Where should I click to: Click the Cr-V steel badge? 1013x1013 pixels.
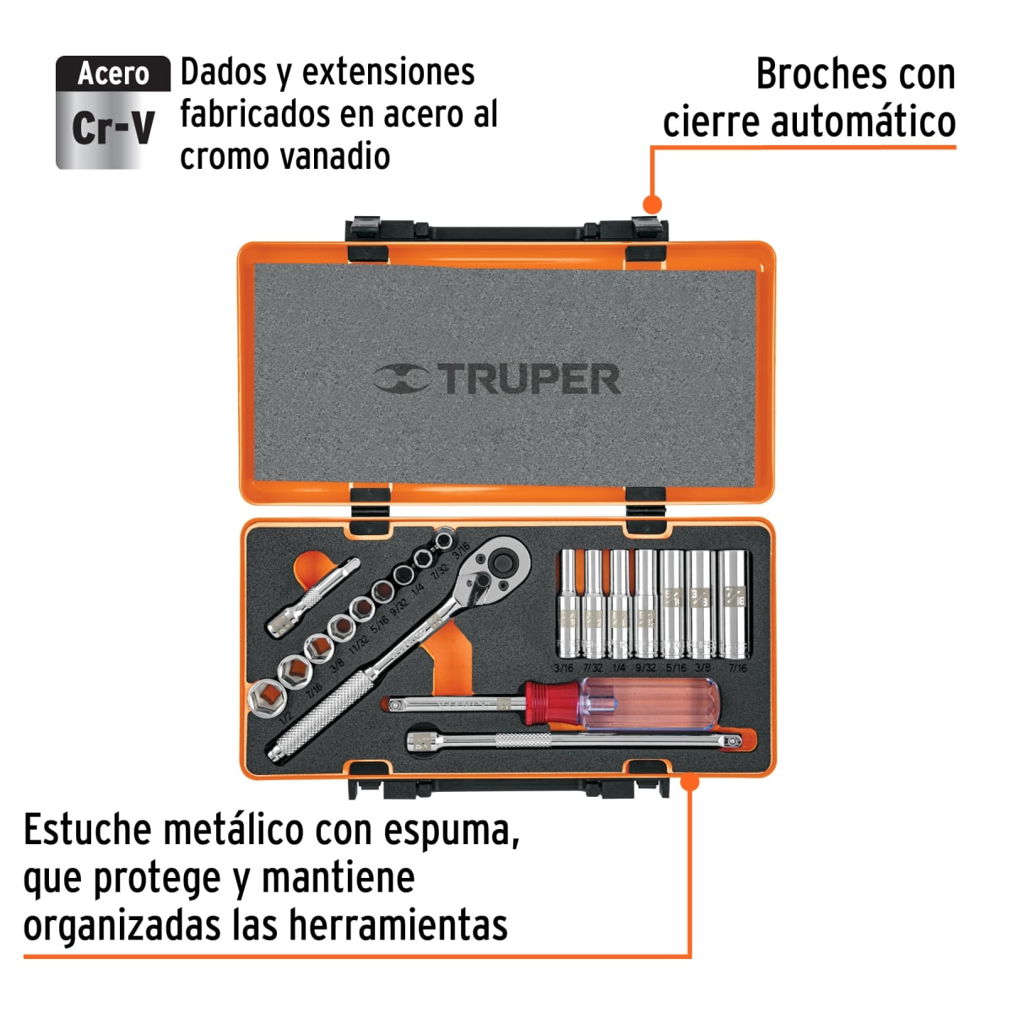pos(112,112)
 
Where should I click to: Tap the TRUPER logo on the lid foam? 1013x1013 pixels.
pos(498,379)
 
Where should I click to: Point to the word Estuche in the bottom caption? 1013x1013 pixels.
pos(87,831)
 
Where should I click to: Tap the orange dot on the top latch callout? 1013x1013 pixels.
pos(651,204)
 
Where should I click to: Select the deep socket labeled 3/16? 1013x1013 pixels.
pos(566,603)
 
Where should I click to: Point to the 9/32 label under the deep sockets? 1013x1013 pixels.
pos(645,668)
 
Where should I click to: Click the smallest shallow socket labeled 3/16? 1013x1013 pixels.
pos(442,539)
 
